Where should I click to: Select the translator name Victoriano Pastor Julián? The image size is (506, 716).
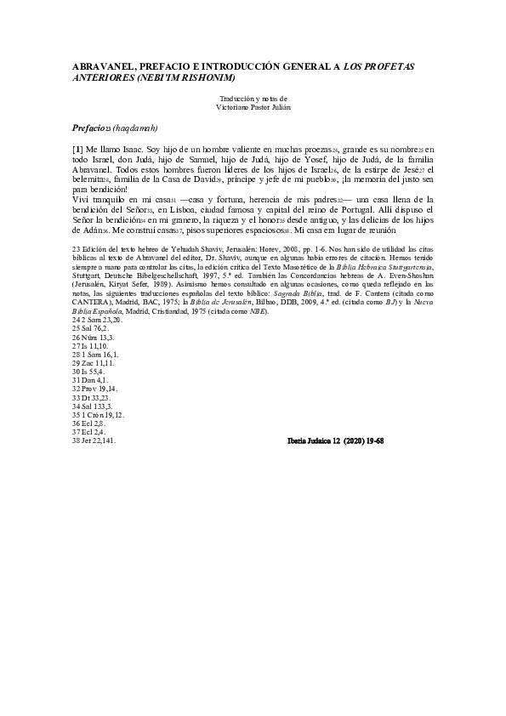pyautogui.click(x=253, y=107)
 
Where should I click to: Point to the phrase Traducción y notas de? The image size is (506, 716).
pyautogui.click(x=253, y=98)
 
